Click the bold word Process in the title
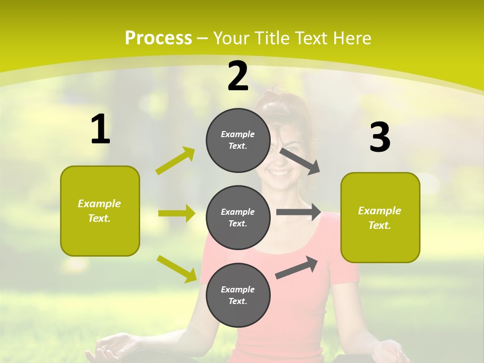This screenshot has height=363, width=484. [158, 38]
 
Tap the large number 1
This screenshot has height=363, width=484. [100, 130]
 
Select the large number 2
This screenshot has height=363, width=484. [238, 77]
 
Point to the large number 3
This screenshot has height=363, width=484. [380, 138]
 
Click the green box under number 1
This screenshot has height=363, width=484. [100, 211]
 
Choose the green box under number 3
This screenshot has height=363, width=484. [380, 217]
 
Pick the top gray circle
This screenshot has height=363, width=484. [238, 140]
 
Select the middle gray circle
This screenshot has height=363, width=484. [238, 218]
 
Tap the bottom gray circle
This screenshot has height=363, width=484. [238, 295]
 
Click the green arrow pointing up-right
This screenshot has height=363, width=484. [175, 161]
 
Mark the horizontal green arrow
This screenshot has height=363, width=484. [176, 213]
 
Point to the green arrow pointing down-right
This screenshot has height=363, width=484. [176, 269]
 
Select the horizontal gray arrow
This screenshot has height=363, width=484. [298, 212]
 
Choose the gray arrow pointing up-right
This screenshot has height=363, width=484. [296, 268]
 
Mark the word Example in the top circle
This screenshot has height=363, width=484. [238, 134]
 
